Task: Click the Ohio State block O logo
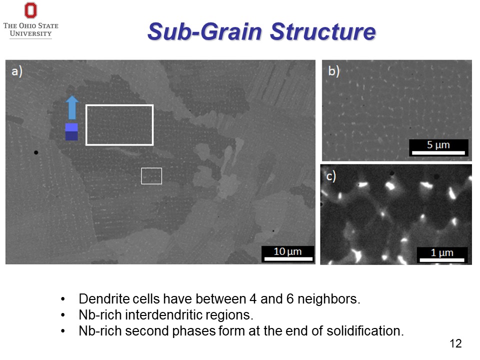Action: [30, 10]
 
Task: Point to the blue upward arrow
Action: [72, 107]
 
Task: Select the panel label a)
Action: [17, 71]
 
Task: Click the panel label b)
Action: [333, 70]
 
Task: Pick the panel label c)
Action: [330, 176]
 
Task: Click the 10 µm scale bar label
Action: [287, 251]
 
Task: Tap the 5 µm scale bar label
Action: [438, 145]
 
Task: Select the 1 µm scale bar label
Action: [442, 253]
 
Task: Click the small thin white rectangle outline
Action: [151, 176]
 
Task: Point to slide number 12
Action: [455, 343]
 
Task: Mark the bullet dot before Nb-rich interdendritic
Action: [62, 316]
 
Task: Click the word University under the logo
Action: [30, 34]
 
